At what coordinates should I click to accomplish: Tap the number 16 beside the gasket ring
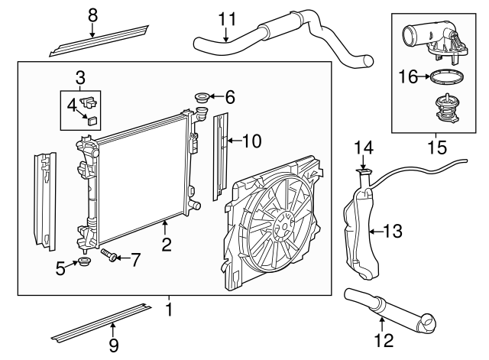(409, 76)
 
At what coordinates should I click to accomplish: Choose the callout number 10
(251, 140)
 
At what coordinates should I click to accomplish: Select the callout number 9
(113, 346)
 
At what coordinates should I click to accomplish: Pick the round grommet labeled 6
(203, 97)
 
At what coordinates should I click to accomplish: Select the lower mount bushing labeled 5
(83, 265)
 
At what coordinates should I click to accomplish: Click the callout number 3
(79, 76)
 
